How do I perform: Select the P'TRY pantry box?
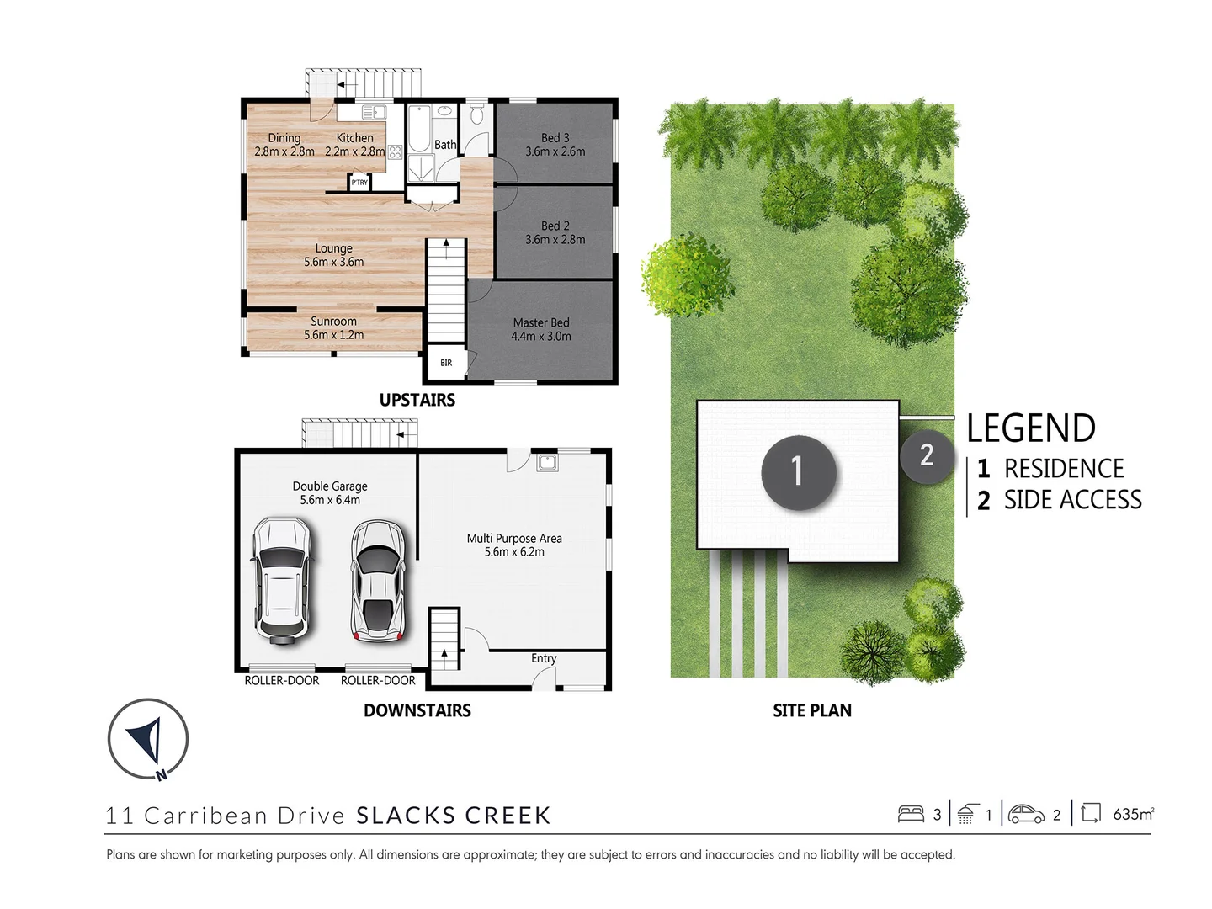tap(359, 183)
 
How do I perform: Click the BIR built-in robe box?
tap(446, 363)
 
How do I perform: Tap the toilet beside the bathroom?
tap(476, 114)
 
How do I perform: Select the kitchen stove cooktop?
tap(395, 152)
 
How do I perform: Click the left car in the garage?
tap(283, 581)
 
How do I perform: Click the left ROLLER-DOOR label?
tap(282, 680)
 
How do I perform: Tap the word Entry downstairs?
tap(544, 658)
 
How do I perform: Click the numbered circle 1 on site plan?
tap(798, 472)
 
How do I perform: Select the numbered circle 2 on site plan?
tap(926, 455)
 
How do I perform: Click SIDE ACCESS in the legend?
tap(1072, 500)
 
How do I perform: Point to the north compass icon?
tap(148, 739)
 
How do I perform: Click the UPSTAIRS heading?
tap(417, 401)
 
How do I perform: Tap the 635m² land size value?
tap(1133, 814)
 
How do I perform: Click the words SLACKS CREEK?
tap(454, 816)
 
